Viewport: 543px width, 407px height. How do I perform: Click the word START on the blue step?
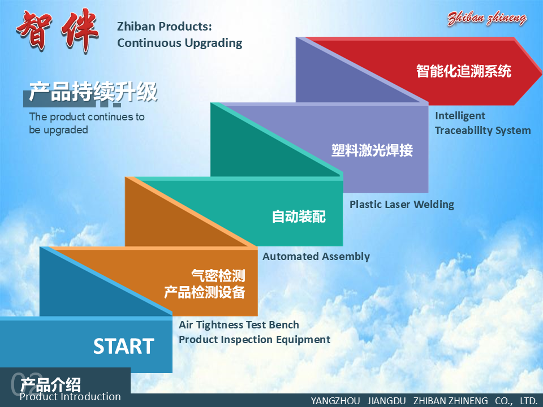point(124,346)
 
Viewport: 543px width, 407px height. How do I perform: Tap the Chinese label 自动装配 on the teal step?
point(299,217)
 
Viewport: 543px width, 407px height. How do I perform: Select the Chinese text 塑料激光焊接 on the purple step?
point(372,150)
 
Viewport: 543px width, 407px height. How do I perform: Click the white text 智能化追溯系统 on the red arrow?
point(464,71)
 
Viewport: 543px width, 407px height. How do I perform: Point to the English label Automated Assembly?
point(316,257)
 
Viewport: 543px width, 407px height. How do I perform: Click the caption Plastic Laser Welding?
point(402,205)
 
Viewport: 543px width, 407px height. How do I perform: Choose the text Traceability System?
point(482,131)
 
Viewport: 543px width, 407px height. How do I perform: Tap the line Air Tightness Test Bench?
point(239,325)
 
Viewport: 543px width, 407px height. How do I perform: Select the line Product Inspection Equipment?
point(255,340)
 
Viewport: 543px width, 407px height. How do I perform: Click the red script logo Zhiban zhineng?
point(486,18)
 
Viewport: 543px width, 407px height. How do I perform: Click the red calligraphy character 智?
point(34,30)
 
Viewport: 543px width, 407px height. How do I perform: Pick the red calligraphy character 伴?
point(80,30)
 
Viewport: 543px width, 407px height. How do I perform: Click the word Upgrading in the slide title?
point(213,44)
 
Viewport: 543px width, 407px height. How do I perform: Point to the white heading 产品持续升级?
point(93,92)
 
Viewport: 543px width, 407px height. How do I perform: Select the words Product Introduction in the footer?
point(70,397)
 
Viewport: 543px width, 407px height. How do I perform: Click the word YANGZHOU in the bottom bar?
point(335,401)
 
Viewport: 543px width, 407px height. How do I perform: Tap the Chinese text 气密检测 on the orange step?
point(218,276)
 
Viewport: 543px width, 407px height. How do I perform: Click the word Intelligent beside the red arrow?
point(460,115)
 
